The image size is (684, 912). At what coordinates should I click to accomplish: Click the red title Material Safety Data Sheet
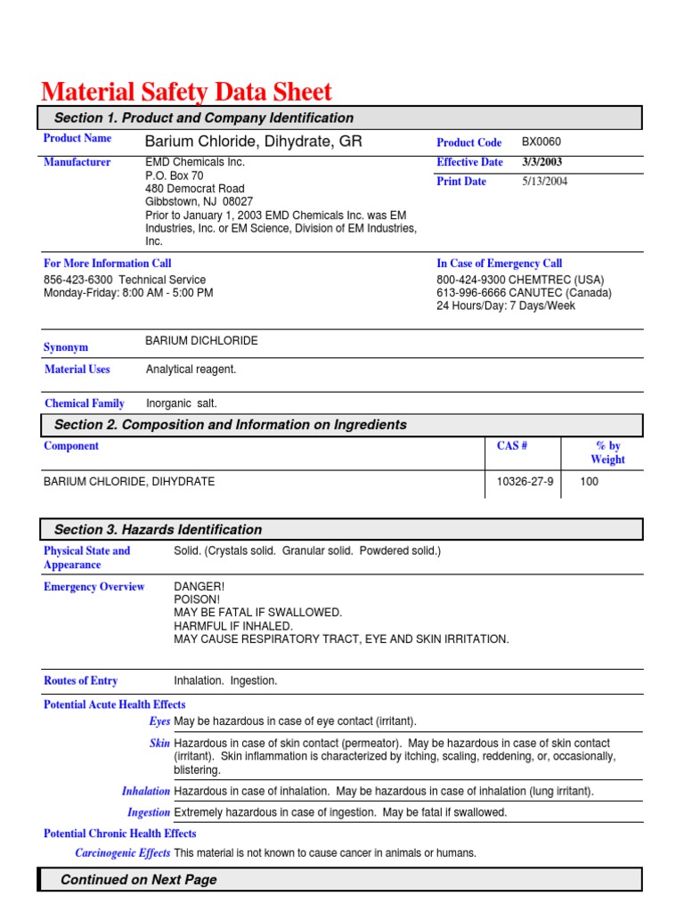(186, 92)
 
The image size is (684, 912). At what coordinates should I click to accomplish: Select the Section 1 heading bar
(338, 118)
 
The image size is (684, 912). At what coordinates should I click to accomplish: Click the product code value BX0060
(541, 142)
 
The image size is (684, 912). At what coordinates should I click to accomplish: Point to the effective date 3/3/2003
(541, 162)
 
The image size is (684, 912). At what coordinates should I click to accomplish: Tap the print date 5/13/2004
(544, 182)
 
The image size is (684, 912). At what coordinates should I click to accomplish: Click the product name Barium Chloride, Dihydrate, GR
(253, 142)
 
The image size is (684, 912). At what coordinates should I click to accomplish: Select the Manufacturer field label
(77, 162)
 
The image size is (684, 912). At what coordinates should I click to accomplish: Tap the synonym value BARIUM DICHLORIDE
(201, 341)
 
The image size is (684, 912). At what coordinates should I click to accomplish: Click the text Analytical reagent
(191, 369)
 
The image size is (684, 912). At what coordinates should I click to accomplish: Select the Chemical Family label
(84, 403)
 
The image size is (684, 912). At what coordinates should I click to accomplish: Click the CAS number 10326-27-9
(525, 482)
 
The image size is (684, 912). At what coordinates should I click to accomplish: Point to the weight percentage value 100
(590, 482)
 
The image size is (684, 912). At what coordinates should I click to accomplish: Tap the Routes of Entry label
(80, 680)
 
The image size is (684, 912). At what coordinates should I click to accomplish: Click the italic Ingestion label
(148, 812)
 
